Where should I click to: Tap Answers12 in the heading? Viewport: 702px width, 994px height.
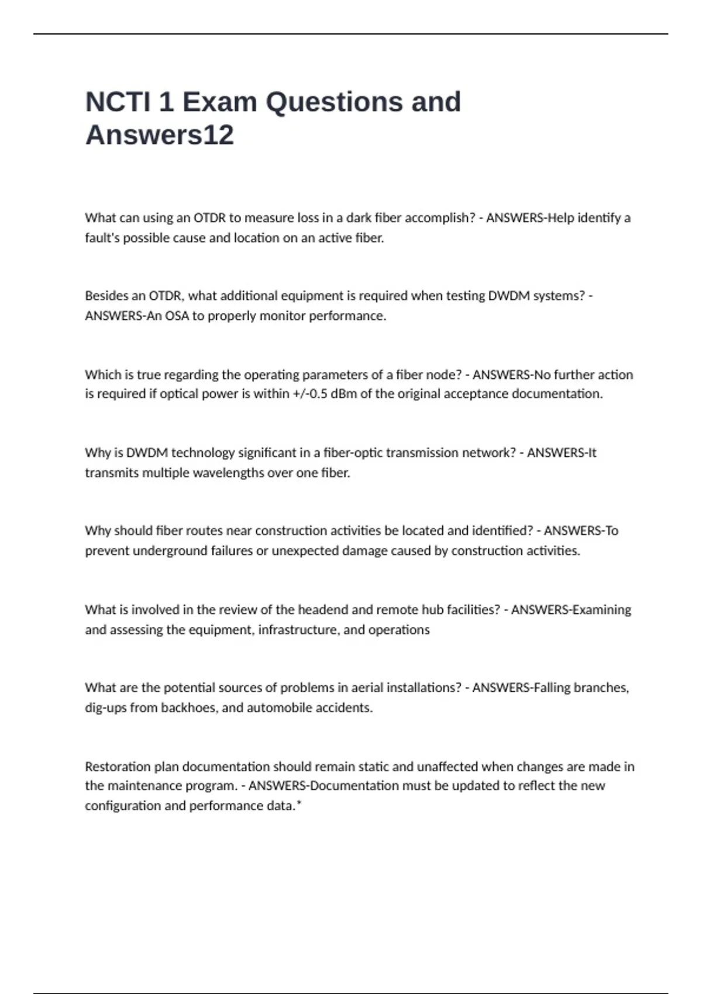(160, 135)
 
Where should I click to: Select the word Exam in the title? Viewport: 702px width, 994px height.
(220, 102)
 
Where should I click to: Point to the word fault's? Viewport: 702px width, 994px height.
(102, 238)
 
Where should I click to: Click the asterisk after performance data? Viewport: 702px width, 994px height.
(299, 804)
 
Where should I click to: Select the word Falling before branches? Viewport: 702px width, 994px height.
(550, 688)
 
